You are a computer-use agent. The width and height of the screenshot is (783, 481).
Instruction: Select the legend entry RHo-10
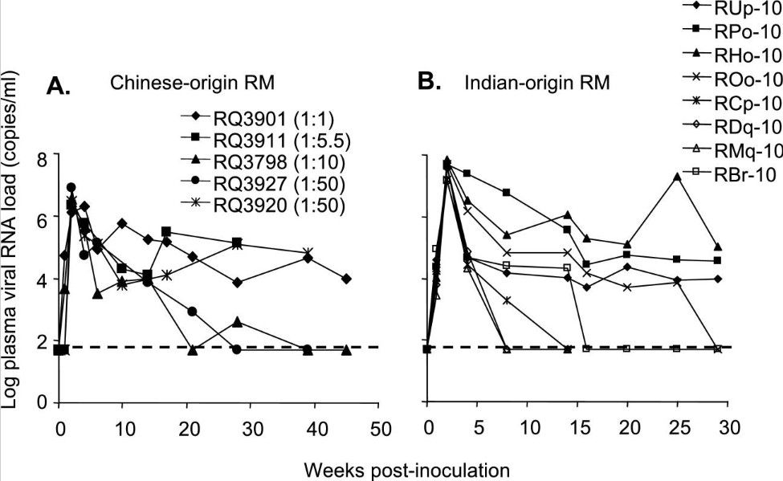point(746,55)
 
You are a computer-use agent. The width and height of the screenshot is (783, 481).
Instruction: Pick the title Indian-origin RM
point(525,82)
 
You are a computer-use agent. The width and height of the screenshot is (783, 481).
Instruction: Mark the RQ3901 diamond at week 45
point(345,279)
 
